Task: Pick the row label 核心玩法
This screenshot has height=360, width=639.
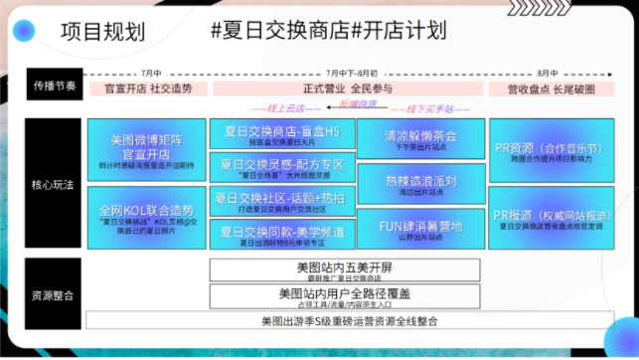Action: (x=54, y=184)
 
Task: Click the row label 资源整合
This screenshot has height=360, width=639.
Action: (x=54, y=294)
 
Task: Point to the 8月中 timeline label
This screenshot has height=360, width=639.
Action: (x=547, y=73)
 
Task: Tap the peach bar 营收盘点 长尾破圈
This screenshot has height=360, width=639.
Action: (x=547, y=88)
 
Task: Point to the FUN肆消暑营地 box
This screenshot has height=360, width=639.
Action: (x=419, y=230)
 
